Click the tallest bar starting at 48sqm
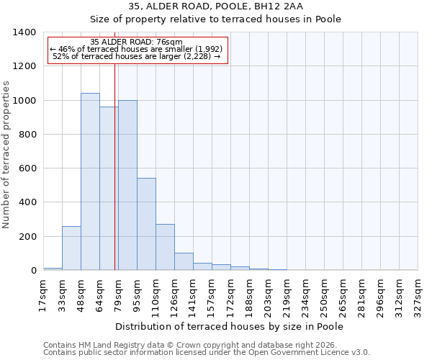(x=90, y=181)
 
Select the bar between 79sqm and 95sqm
(x=127, y=185)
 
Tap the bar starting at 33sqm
(x=71, y=248)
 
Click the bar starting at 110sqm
(x=165, y=247)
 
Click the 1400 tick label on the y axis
(x=24, y=32)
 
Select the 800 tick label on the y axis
(x=27, y=135)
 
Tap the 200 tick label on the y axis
(x=27, y=237)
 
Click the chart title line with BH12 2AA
(x=216, y=6)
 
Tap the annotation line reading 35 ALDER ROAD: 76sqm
(x=137, y=42)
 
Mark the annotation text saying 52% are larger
(x=137, y=56)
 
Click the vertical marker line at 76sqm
(x=114, y=180)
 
